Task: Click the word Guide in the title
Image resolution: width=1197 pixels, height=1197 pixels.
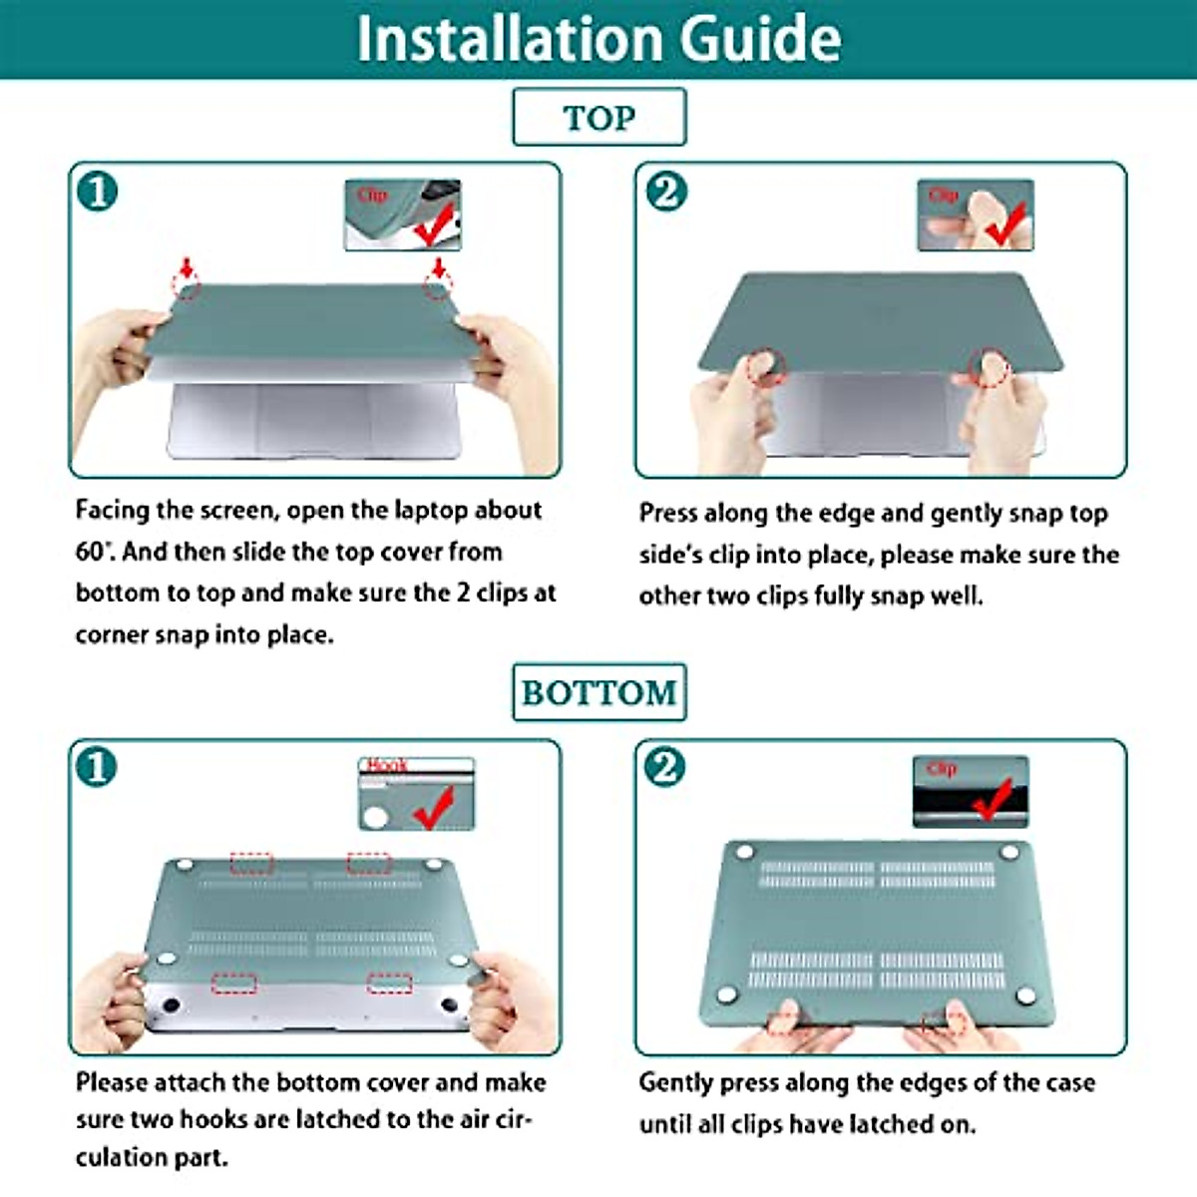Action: pyautogui.click(x=760, y=39)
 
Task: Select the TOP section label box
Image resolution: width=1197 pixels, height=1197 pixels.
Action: pyautogui.click(x=599, y=117)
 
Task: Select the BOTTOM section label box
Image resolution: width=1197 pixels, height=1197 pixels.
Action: pyautogui.click(x=599, y=692)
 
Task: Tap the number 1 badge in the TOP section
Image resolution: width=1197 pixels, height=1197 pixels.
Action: pyautogui.click(x=98, y=192)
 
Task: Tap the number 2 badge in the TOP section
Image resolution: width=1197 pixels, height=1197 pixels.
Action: pyautogui.click(x=666, y=192)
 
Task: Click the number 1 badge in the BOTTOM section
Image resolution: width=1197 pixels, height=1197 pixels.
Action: pyautogui.click(x=97, y=767)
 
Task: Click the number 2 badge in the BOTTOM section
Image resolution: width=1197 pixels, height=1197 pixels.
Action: pyautogui.click(x=664, y=767)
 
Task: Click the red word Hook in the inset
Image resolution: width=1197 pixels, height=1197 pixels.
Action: pyautogui.click(x=387, y=765)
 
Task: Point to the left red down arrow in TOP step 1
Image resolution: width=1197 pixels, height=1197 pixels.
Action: pyautogui.click(x=187, y=267)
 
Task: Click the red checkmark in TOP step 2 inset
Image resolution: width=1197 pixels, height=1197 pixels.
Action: pyautogui.click(x=1005, y=224)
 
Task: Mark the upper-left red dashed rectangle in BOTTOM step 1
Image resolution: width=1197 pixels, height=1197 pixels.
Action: pyautogui.click(x=251, y=864)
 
